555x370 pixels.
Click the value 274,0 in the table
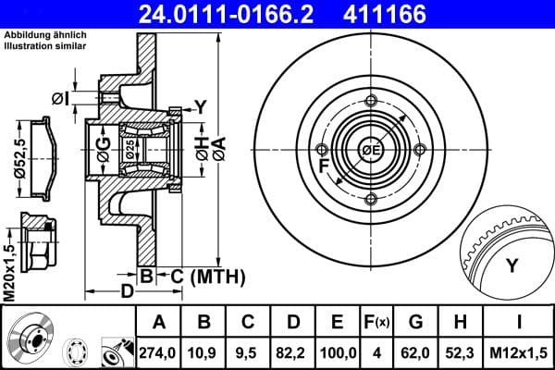point(158,351)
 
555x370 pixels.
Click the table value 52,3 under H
point(462,351)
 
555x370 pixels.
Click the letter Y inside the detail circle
point(511,266)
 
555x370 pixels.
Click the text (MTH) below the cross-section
point(216,276)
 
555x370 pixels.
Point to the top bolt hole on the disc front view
point(371,101)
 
